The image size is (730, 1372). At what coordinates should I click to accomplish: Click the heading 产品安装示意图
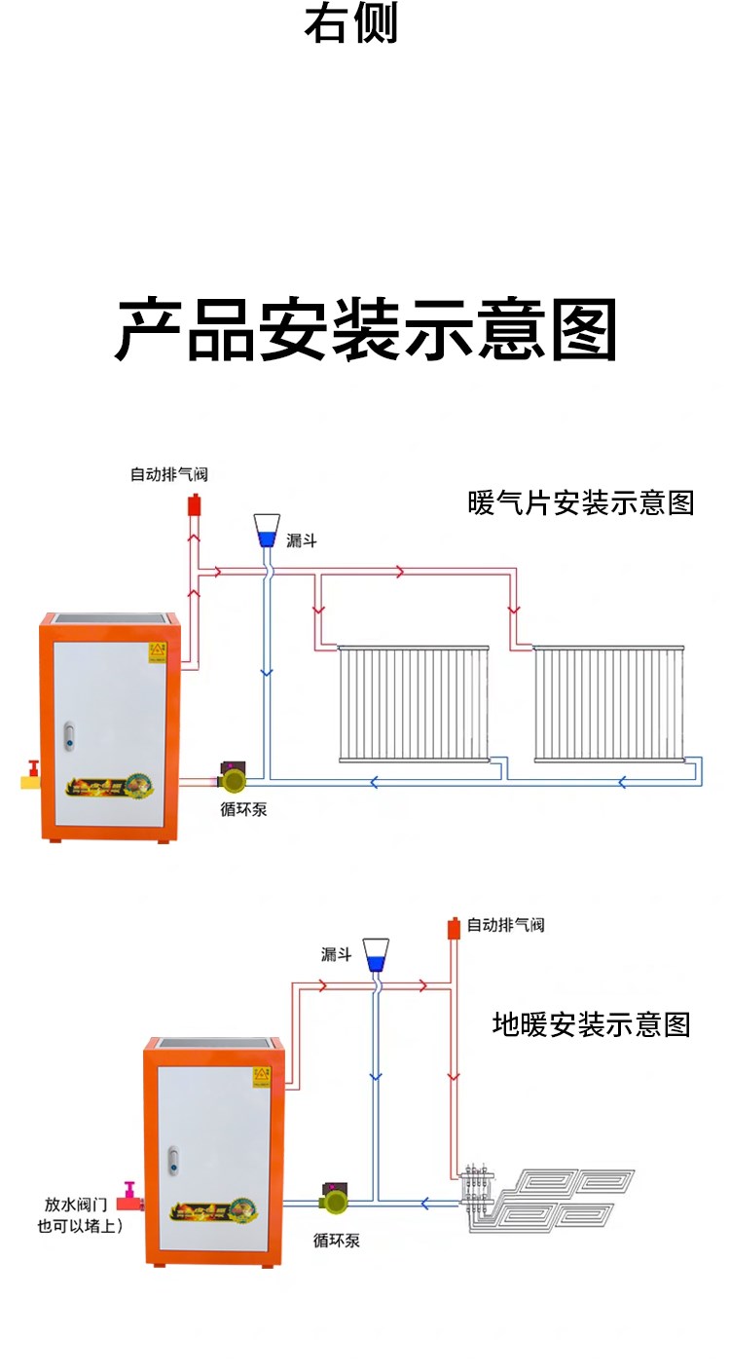click(366, 331)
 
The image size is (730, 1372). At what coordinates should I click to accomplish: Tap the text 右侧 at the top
click(351, 24)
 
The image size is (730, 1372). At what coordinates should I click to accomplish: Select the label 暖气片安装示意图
click(581, 503)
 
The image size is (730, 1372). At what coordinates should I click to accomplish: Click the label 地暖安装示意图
click(591, 1024)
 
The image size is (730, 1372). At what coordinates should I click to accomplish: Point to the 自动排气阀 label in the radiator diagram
click(169, 475)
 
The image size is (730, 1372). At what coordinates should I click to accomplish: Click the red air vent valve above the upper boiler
click(194, 505)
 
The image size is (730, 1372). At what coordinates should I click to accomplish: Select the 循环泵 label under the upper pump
click(243, 810)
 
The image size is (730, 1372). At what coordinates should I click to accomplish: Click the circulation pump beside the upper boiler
click(235, 777)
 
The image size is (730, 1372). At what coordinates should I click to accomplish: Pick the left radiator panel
click(414, 703)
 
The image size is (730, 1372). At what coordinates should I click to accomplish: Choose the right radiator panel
click(609, 703)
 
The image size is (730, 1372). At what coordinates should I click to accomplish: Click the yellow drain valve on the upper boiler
click(30, 778)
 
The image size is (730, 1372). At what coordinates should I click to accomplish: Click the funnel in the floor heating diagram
click(376, 955)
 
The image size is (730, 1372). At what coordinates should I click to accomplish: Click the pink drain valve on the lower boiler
click(130, 1196)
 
